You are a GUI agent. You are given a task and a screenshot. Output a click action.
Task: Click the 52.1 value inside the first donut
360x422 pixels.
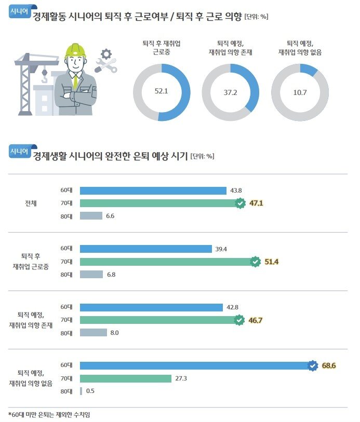tap(162, 91)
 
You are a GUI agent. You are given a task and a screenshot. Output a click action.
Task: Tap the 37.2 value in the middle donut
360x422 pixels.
tap(230, 91)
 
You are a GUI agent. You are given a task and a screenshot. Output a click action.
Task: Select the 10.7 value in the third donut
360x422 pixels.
tap(299, 91)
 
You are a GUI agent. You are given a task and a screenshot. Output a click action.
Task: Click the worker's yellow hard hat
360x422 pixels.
tap(75, 50)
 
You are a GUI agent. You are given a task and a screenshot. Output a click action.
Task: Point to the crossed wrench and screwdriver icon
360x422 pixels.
tap(106, 66)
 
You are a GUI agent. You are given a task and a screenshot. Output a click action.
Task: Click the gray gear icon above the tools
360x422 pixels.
tap(106, 53)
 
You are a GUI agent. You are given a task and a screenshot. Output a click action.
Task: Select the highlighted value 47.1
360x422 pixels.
tap(256, 203)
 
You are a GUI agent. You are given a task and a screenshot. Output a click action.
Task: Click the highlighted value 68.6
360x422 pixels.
tap(329, 366)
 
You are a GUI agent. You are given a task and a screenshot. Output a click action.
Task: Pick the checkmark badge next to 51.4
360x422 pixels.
tap(255, 262)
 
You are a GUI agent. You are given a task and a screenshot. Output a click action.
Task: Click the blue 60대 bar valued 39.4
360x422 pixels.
tap(145, 249)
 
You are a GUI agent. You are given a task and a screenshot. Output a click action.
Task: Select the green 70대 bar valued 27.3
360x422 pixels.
tap(125, 379)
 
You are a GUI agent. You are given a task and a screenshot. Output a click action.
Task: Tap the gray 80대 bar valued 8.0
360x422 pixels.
tap(93, 333)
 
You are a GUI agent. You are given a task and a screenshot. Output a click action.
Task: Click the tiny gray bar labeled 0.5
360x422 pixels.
tap(81, 391)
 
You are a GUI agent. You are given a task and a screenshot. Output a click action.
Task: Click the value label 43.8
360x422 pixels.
tap(236, 190)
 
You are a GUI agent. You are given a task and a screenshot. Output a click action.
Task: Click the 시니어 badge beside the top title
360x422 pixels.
tap(20, 13)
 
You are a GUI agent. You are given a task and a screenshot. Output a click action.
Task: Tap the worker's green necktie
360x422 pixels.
tap(76, 80)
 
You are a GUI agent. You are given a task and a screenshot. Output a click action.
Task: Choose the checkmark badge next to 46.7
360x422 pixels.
tap(239, 320)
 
